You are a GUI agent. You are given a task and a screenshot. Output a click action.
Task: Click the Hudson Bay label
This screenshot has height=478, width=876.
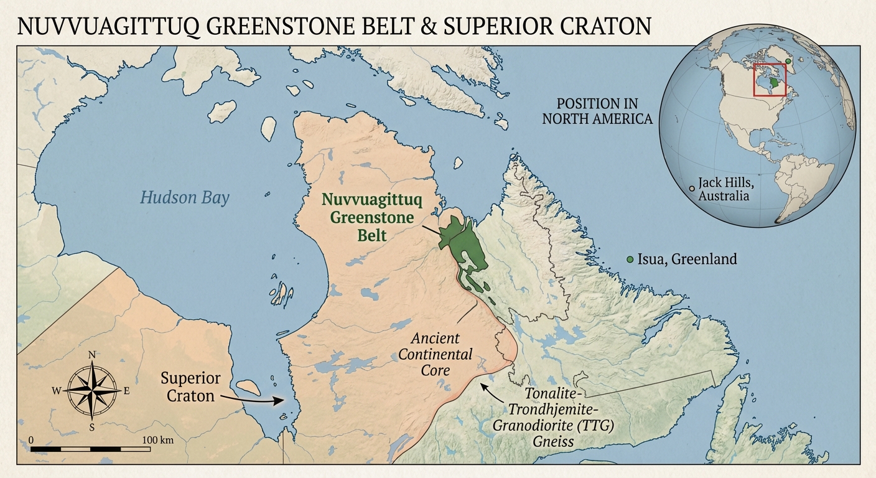184,198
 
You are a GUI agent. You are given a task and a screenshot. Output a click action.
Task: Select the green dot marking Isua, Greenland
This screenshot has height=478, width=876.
630,259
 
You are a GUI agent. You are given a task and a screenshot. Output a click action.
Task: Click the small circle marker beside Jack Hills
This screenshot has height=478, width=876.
692,187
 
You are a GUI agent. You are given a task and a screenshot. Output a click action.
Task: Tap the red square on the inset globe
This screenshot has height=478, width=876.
770,79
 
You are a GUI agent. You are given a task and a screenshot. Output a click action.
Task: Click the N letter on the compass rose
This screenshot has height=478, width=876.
92,355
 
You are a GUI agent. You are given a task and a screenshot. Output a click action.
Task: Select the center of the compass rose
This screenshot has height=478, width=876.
92,390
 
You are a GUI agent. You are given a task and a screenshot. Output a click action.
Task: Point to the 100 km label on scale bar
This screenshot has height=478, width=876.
157,440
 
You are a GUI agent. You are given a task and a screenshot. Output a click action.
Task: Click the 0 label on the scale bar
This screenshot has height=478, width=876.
31,440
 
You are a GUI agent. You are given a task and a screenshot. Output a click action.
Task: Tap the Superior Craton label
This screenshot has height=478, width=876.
190,387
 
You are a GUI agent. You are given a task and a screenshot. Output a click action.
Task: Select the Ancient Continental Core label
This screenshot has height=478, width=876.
435,355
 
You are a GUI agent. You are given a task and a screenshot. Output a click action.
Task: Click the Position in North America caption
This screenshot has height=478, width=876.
597,111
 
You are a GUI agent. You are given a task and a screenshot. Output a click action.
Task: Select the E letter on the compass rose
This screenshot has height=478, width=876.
127,390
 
